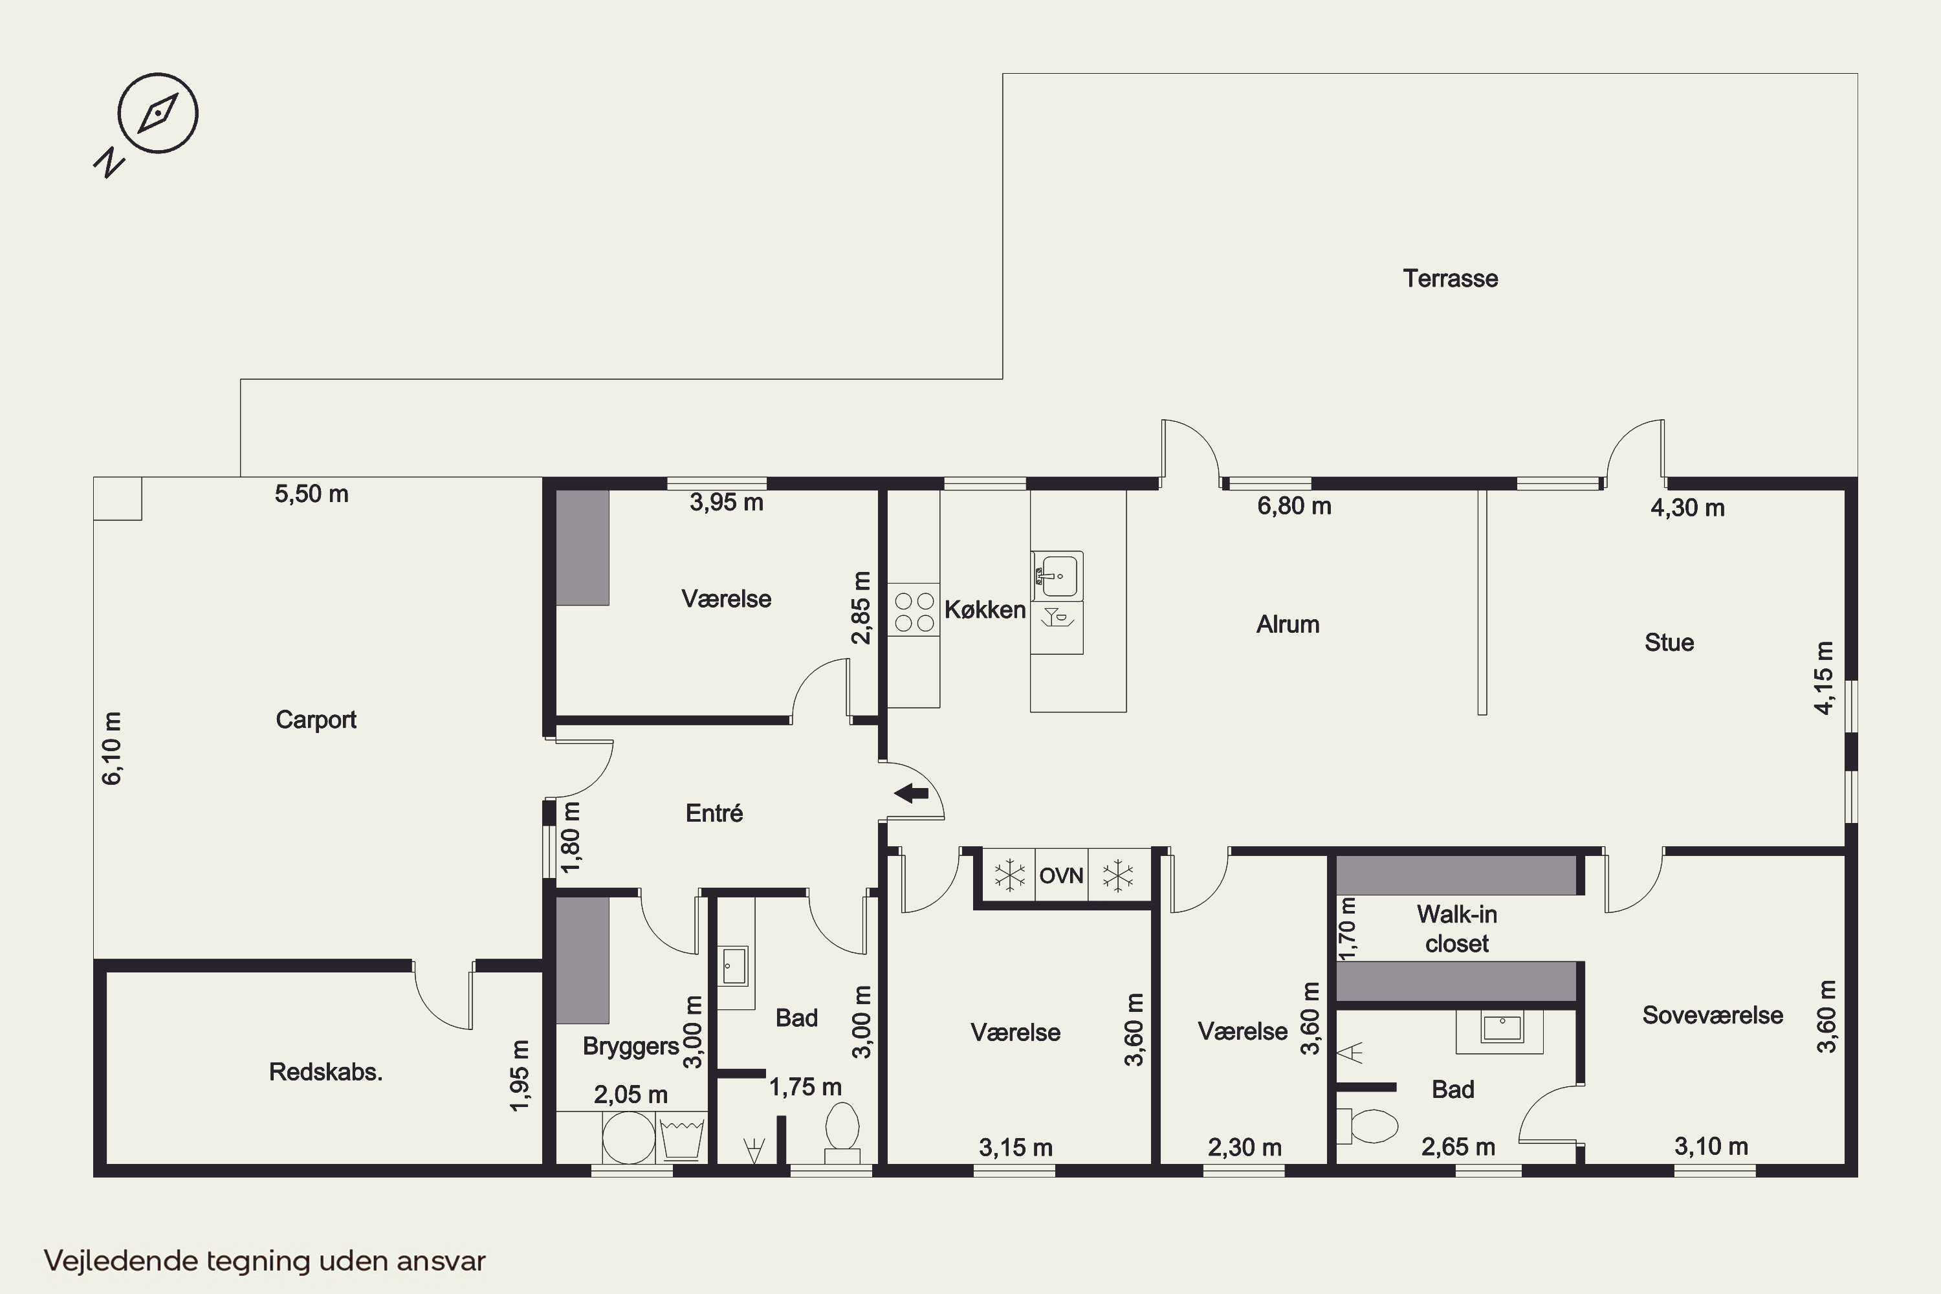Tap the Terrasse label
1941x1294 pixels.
coord(1450,279)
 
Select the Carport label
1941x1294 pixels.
coord(316,719)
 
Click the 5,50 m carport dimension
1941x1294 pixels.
coord(311,494)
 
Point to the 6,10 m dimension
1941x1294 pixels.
coord(112,748)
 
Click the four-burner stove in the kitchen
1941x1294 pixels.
coord(914,611)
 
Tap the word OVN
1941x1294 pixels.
coord(1061,875)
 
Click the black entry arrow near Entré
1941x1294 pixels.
coord(911,793)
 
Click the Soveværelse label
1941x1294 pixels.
coord(1713,1015)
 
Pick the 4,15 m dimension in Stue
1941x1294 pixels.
coord(1824,677)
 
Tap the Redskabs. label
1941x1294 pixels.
coord(326,1072)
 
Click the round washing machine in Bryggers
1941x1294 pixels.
coord(629,1137)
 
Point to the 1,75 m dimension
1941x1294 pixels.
coord(806,1087)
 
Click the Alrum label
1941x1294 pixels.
coord(1288,625)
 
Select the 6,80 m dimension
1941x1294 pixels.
coord(1294,506)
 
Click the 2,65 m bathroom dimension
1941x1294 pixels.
coord(1458,1147)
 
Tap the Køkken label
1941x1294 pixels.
coord(985,610)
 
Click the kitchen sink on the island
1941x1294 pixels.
coord(1057,575)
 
